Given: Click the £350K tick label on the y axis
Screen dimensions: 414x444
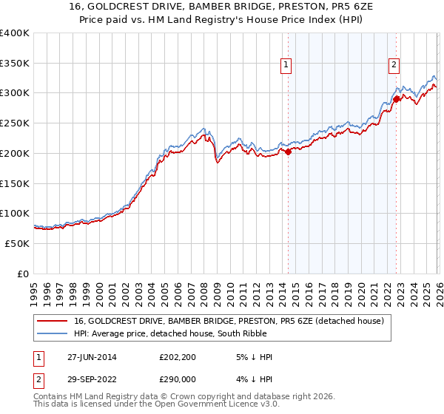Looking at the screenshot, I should click(x=15, y=64).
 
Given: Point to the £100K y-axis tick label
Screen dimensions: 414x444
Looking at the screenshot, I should click(x=15, y=214).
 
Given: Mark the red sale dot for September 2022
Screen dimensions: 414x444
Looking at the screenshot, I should click(x=396, y=98).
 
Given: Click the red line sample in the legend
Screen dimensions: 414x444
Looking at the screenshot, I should click(x=53, y=322).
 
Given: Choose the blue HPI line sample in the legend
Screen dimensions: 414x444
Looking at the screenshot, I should click(x=53, y=334).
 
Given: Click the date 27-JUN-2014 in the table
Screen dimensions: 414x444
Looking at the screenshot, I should click(x=92, y=357).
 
